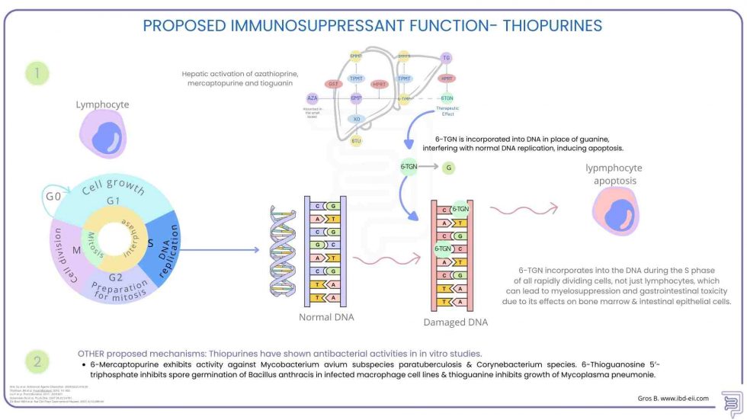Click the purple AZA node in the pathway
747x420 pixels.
point(313,98)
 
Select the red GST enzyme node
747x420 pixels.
point(333,84)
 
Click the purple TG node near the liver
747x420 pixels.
point(447,58)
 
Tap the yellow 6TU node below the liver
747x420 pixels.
point(356,140)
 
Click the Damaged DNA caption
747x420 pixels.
point(455,322)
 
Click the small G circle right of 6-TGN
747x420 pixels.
point(450,165)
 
